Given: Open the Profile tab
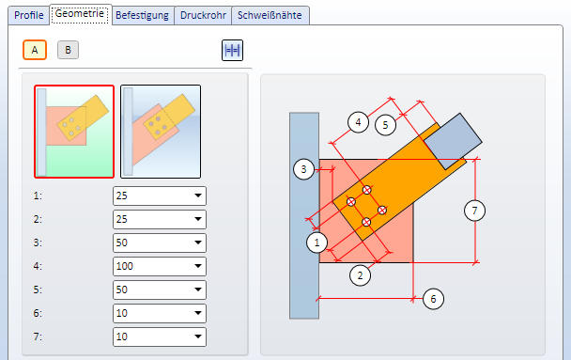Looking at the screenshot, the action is pyautogui.click(x=29, y=15).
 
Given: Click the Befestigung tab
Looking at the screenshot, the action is pyautogui.click(x=143, y=15).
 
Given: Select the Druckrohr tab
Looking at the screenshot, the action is pyautogui.click(x=203, y=15).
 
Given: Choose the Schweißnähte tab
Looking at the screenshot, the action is pyautogui.click(x=270, y=15).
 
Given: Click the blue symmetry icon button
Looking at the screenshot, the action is pyautogui.click(x=232, y=50).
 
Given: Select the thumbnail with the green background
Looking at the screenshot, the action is pyautogui.click(x=74, y=132).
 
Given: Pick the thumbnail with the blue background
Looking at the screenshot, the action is pyautogui.click(x=161, y=132).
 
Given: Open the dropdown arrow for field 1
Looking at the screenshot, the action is pyautogui.click(x=198, y=196).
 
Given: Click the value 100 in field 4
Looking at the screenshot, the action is pyautogui.click(x=125, y=266).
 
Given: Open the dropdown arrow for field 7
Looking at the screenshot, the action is pyautogui.click(x=198, y=337).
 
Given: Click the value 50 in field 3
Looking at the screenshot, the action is pyautogui.click(x=122, y=243).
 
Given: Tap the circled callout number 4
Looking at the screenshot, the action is pyautogui.click(x=358, y=122).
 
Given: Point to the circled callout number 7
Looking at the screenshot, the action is pyautogui.click(x=474, y=211).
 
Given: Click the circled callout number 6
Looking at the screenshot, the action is pyautogui.click(x=433, y=299).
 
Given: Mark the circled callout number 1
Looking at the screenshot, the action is pyautogui.click(x=316, y=243).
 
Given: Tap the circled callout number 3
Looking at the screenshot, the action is pyautogui.click(x=303, y=169).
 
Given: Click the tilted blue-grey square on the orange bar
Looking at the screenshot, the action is pyautogui.click(x=453, y=141).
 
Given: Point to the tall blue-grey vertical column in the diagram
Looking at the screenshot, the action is pyautogui.click(x=304, y=215).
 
